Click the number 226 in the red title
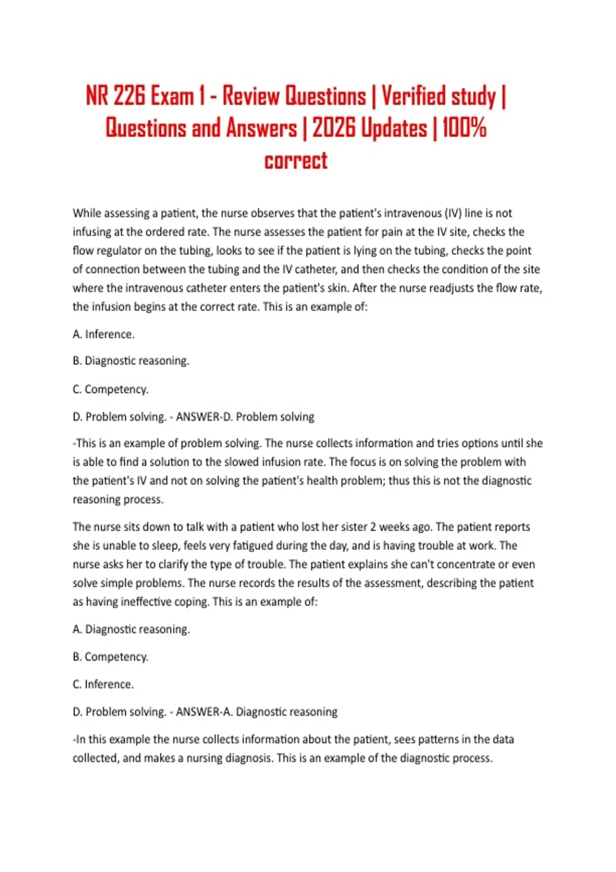pos(129,96)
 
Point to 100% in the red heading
pos(464,128)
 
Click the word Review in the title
pos(251,96)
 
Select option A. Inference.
pos(104,334)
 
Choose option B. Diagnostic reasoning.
pos(131,361)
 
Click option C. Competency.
pos(110,389)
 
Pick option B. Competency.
pos(110,657)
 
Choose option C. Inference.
pos(103,684)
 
